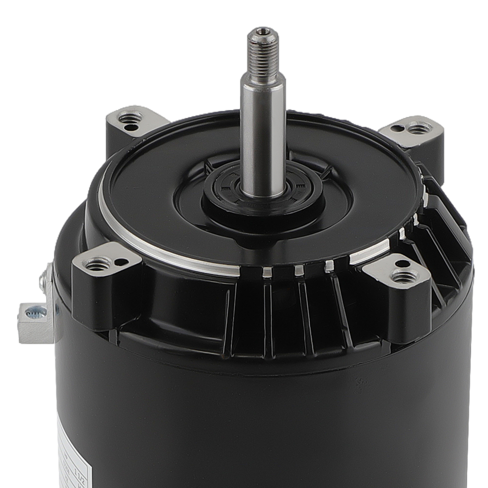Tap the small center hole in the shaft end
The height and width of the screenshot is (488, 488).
click(x=263, y=32)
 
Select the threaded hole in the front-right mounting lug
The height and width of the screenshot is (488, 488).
click(x=405, y=277)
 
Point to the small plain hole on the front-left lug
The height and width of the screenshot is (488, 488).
click(x=120, y=262)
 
